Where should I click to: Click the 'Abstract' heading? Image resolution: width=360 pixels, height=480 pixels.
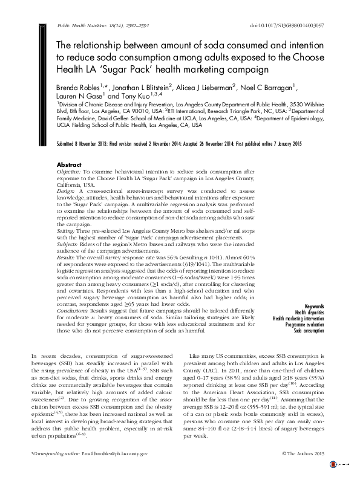pyautogui.click(x=68, y=164)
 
